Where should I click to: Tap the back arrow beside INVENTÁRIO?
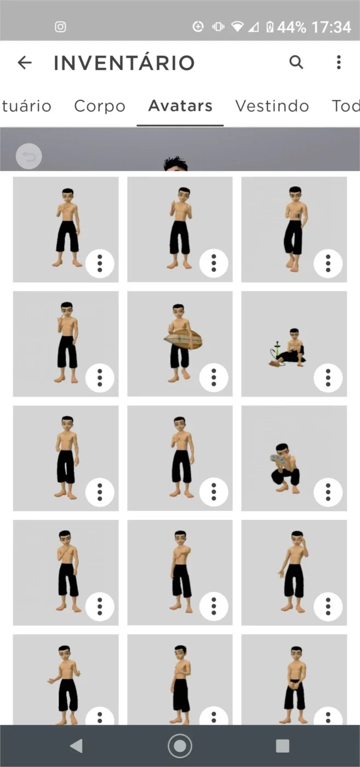pos(25,62)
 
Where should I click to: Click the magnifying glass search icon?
pos(296,62)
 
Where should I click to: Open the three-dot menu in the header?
pos(339,62)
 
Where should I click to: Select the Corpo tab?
pos(100,106)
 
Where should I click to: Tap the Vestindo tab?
pos(272,106)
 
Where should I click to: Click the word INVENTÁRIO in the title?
pos(124,62)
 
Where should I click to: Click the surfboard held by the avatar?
pos(183,340)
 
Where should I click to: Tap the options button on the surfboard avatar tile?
pos(214,377)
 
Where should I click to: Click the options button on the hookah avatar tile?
pos(328,377)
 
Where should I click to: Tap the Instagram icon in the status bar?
pos(60,27)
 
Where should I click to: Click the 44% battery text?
pos(292,27)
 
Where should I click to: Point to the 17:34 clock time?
pos(332,27)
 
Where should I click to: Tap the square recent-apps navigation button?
pos(283,746)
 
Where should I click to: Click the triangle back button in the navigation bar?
pos(76,746)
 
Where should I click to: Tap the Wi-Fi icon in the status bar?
pos(237,27)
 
